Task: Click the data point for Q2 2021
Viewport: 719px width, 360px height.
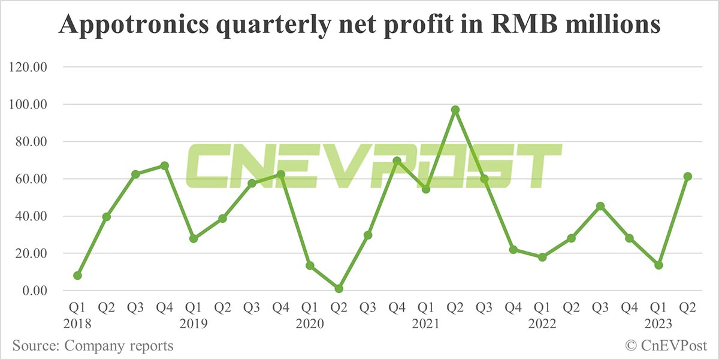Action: [455, 110]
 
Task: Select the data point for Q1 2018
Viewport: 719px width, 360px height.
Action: [77, 276]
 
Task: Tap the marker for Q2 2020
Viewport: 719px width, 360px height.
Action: [339, 289]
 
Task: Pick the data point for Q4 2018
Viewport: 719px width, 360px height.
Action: [165, 165]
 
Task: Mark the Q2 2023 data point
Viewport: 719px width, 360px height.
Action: [688, 176]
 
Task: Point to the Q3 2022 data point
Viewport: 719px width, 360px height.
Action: [600, 206]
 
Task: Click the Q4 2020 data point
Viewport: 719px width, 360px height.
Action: [397, 161]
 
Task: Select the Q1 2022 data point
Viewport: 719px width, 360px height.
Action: [542, 257]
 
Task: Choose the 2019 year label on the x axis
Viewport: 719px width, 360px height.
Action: [194, 324]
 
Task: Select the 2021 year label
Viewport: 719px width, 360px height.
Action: [426, 324]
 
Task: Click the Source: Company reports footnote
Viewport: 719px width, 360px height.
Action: [92, 346]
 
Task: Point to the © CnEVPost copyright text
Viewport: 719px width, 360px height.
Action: [666, 346]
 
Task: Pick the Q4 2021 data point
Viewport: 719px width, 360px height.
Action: [513, 249]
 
